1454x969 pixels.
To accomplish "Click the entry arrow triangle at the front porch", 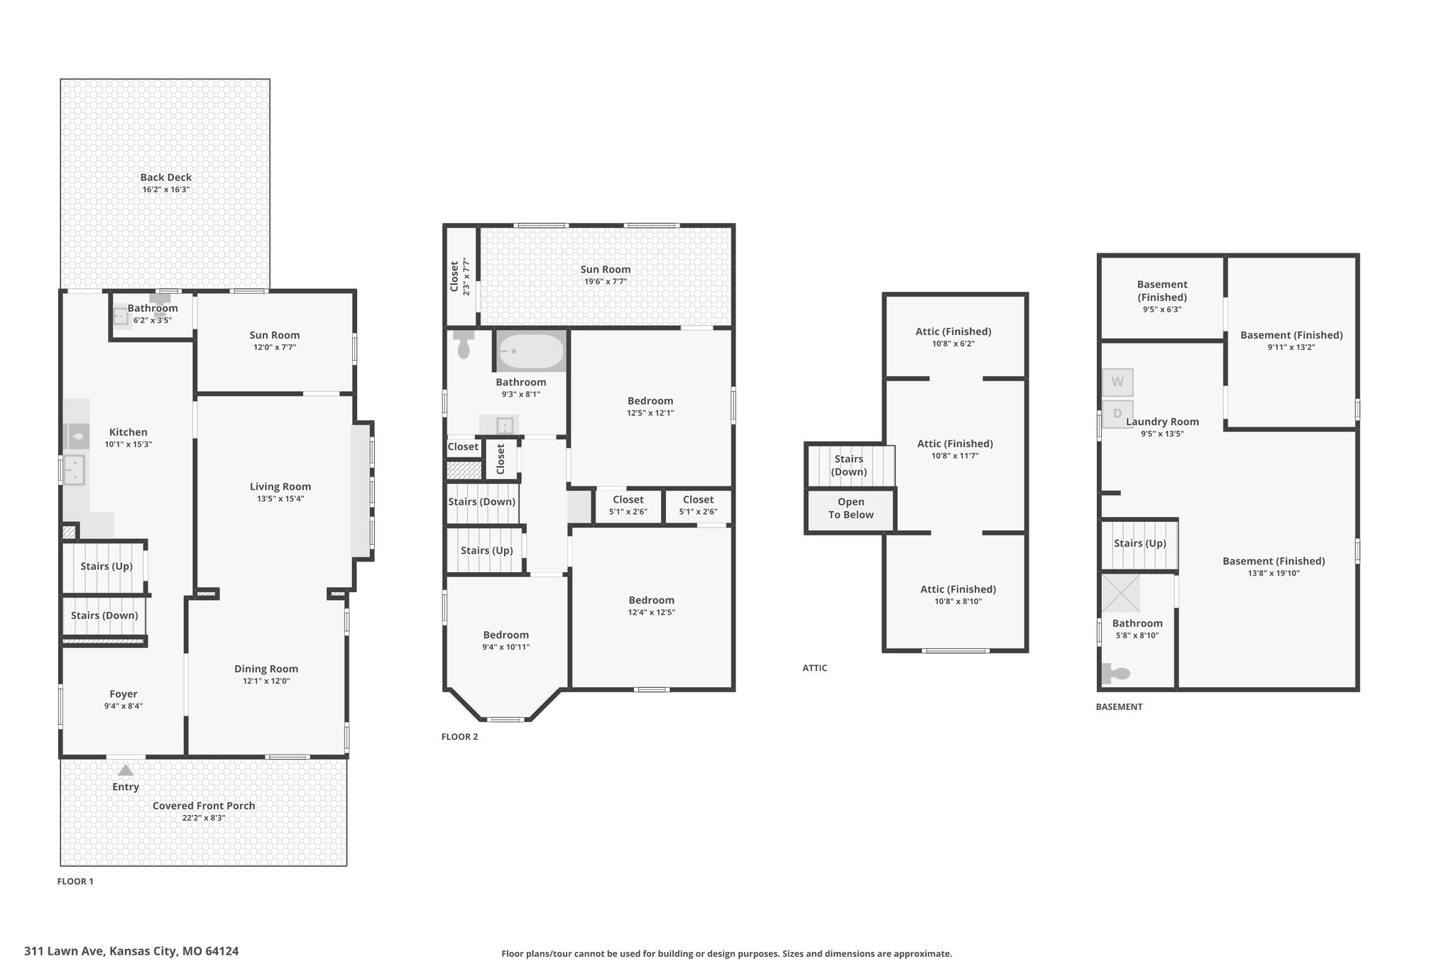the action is pyautogui.click(x=126, y=770).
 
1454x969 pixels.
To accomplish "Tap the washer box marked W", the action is pyautogui.click(x=1117, y=382).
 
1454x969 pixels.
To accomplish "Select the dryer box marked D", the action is pyautogui.click(x=1117, y=413).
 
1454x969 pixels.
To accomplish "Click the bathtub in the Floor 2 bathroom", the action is pyautogui.click(x=531, y=351).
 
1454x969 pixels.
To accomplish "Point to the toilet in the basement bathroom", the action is pyautogui.click(x=1115, y=673).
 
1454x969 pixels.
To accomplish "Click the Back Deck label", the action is pyautogui.click(x=166, y=177).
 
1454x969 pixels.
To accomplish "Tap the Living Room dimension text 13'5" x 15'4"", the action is pyautogui.click(x=280, y=499).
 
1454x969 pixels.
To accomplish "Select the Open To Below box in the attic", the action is pyautogui.click(x=851, y=509).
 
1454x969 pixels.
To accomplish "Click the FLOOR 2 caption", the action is pyautogui.click(x=460, y=737).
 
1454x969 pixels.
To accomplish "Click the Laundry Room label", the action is pyautogui.click(x=1162, y=422).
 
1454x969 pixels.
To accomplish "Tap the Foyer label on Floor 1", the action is pyautogui.click(x=124, y=694).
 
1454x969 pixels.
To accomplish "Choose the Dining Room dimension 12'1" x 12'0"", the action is pyautogui.click(x=266, y=681).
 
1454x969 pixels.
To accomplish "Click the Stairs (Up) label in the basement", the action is pyautogui.click(x=1140, y=544).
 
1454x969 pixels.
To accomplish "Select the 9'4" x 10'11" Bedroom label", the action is pyautogui.click(x=506, y=641).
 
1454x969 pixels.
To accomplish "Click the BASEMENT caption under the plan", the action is pyautogui.click(x=1119, y=707).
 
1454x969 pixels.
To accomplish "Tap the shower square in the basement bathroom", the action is pyautogui.click(x=1120, y=593).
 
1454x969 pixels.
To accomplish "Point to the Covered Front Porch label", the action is pyautogui.click(x=204, y=806).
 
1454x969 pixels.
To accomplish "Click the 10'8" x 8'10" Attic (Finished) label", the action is pyautogui.click(x=958, y=595).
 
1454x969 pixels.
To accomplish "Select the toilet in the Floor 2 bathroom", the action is pyautogui.click(x=464, y=344).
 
